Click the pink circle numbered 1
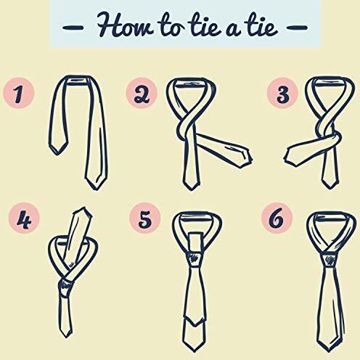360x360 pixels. pyautogui.click(x=19, y=93)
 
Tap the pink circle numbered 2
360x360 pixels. pyautogui.click(x=142, y=93)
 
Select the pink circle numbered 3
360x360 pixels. pyautogui.click(x=282, y=93)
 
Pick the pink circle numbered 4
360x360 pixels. pyautogui.click(x=24, y=218)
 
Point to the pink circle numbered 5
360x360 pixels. pyautogui.click(x=144, y=218)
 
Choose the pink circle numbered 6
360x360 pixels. pyautogui.click(x=277, y=218)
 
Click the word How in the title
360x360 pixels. pyautogui.click(x=125, y=25)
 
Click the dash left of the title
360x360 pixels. pyautogui.click(x=73, y=27)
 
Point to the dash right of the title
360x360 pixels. pyautogui.click(x=297, y=27)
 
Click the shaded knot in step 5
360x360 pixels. pyautogui.click(x=194, y=260)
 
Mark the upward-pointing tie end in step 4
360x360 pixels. pyautogui.click(x=83, y=210)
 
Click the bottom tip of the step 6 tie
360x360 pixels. pyautogui.click(x=329, y=351)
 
